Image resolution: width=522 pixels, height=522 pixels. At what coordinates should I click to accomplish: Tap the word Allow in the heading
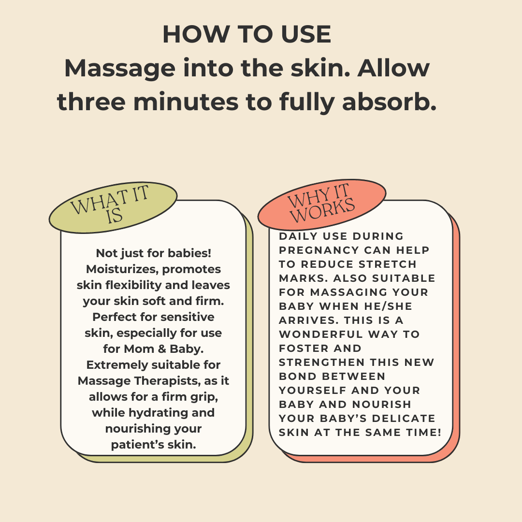click(393, 68)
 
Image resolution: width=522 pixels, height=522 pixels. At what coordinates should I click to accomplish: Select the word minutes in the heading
click(186, 101)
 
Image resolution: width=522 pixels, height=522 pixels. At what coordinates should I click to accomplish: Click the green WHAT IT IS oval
click(113, 207)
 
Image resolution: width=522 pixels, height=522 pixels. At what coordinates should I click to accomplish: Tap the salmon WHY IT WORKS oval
click(321, 204)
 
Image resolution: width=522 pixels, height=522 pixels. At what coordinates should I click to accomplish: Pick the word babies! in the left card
click(189, 253)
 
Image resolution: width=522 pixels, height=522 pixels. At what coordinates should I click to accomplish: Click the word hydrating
click(160, 413)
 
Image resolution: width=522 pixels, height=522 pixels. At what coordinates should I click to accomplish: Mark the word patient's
click(132, 445)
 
